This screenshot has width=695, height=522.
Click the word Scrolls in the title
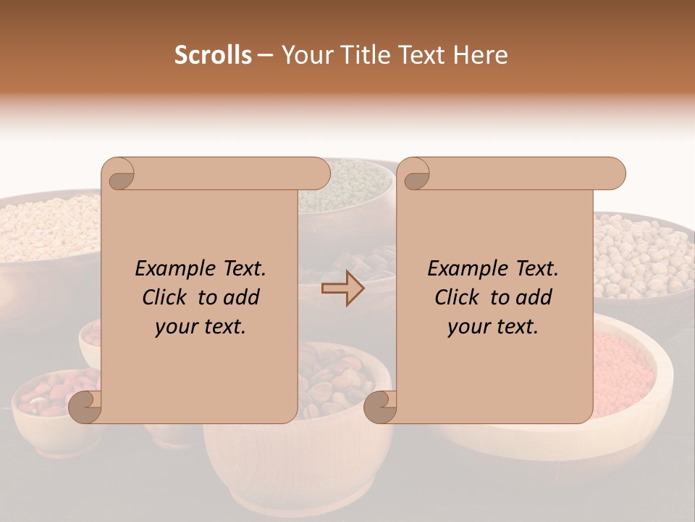click(213, 55)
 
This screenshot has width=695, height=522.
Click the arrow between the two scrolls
click(342, 289)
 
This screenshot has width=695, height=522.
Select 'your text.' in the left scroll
click(201, 327)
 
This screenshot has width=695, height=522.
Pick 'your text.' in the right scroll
click(493, 327)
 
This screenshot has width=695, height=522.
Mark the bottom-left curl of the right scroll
click(379, 407)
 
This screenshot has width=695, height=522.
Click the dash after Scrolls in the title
click(265, 55)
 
